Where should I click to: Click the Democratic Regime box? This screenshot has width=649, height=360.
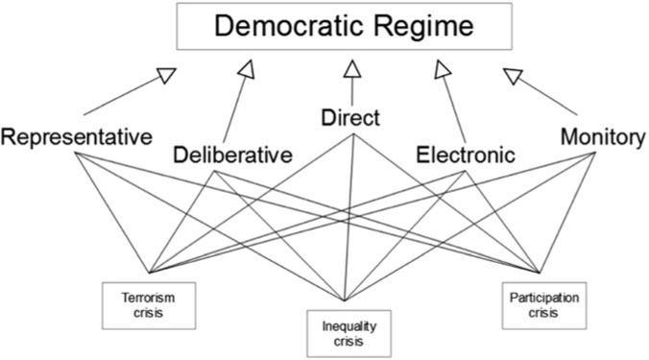(351, 27)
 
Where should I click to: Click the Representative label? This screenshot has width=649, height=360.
(77, 137)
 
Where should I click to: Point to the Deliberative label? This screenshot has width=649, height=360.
(232, 155)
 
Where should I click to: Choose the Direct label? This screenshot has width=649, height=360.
(351, 119)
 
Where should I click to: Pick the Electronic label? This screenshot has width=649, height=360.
(466, 155)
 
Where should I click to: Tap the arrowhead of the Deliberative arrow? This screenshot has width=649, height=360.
(247, 68)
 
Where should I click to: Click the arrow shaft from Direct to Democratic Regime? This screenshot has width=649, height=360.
(352, 91)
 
